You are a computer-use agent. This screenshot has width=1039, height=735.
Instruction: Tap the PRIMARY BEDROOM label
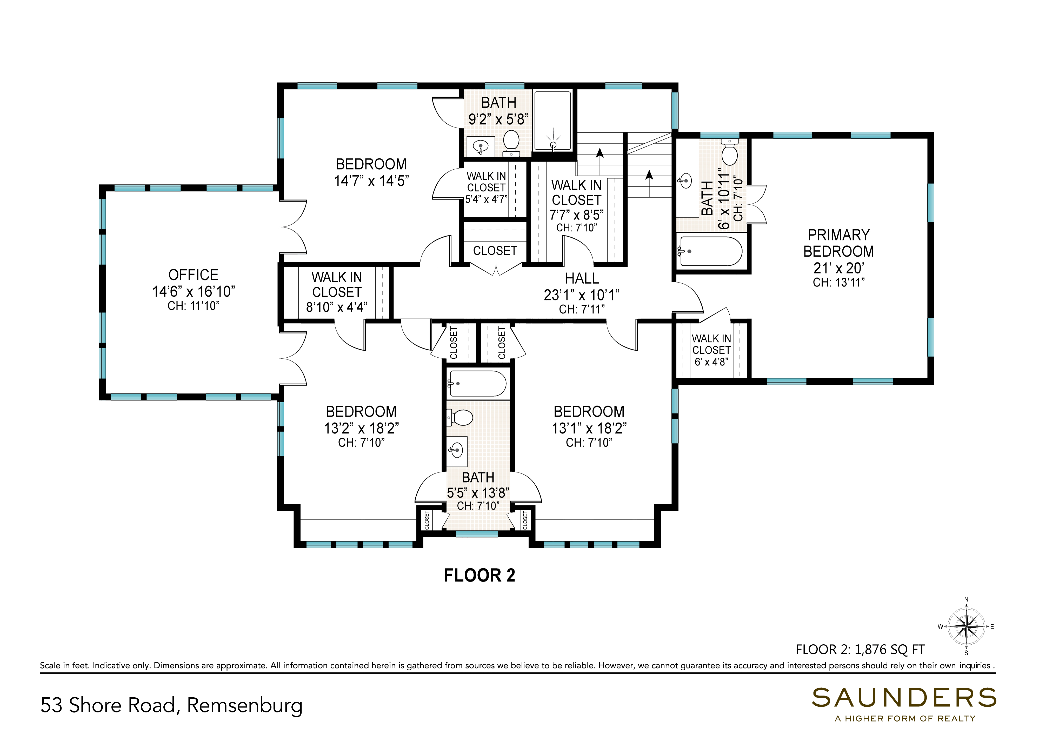[838, 243]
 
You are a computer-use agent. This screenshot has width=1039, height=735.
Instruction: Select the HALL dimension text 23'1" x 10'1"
[582, 295]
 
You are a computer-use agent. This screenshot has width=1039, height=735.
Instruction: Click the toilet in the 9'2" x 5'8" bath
[511, 142]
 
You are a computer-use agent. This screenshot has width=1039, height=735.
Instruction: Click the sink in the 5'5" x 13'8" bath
[457, 450]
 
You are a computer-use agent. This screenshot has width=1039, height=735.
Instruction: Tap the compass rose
[966, 627]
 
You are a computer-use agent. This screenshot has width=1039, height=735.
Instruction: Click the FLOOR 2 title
[479, 575]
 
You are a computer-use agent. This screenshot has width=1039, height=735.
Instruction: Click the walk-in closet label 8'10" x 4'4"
[337, 292]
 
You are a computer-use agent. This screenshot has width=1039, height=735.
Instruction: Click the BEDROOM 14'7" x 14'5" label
[371, 172]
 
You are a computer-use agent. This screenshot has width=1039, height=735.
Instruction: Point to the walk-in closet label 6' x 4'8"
[711, 350]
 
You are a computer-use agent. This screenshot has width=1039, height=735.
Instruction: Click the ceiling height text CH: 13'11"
[838, 282]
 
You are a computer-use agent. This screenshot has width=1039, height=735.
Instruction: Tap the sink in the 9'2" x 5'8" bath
[480, 146]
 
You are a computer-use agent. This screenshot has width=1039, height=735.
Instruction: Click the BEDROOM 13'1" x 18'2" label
[589, 419]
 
